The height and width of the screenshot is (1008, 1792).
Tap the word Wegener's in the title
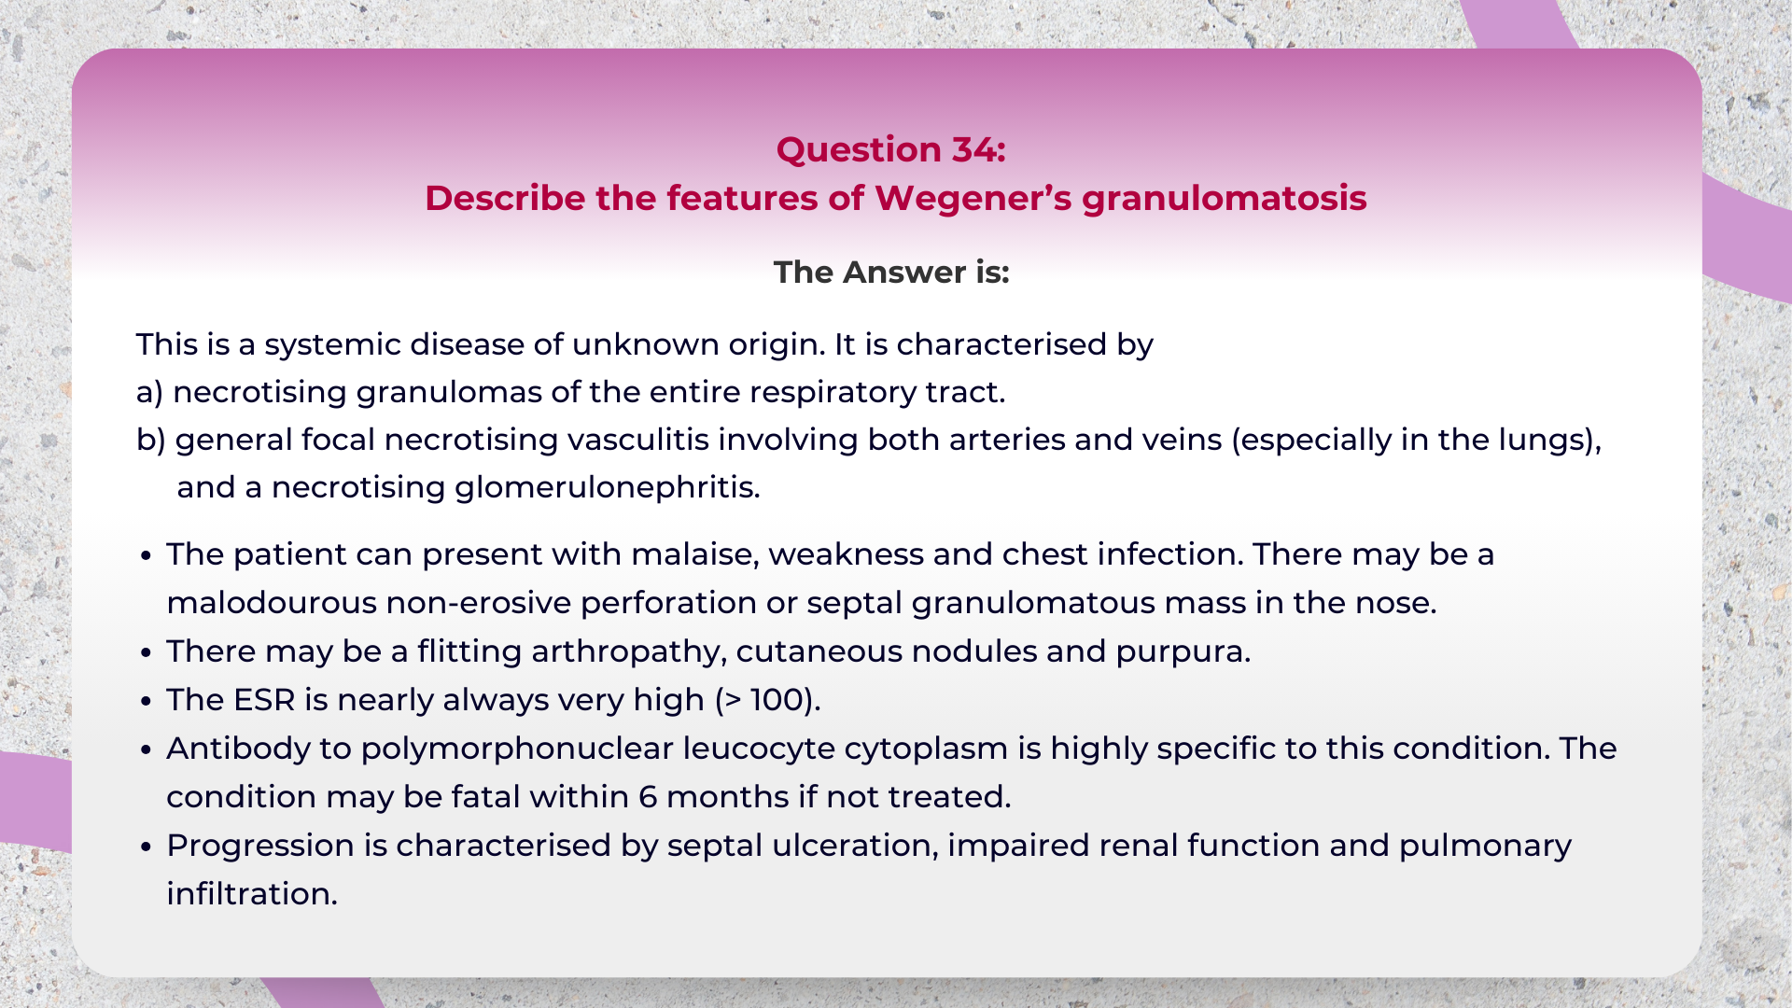click(972, 199)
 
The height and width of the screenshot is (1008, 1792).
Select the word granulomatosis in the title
click(1224, 199)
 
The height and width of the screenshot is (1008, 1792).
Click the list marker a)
click(149, 392)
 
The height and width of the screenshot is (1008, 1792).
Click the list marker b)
click(150, 440)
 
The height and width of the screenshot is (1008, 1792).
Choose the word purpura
click(1183, 651)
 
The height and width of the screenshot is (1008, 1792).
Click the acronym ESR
click(264, 700)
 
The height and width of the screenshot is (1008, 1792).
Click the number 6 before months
click(648, 797)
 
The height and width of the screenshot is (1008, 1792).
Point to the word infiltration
click(251, 894)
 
